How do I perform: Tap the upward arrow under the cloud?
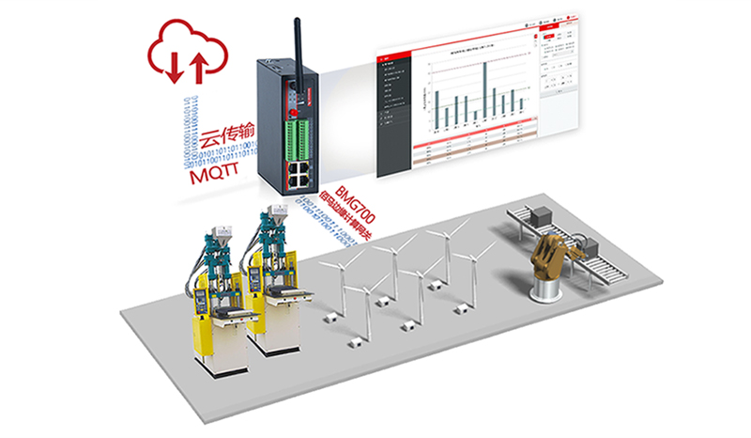coord(198,68)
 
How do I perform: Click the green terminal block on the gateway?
coord(302,132)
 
